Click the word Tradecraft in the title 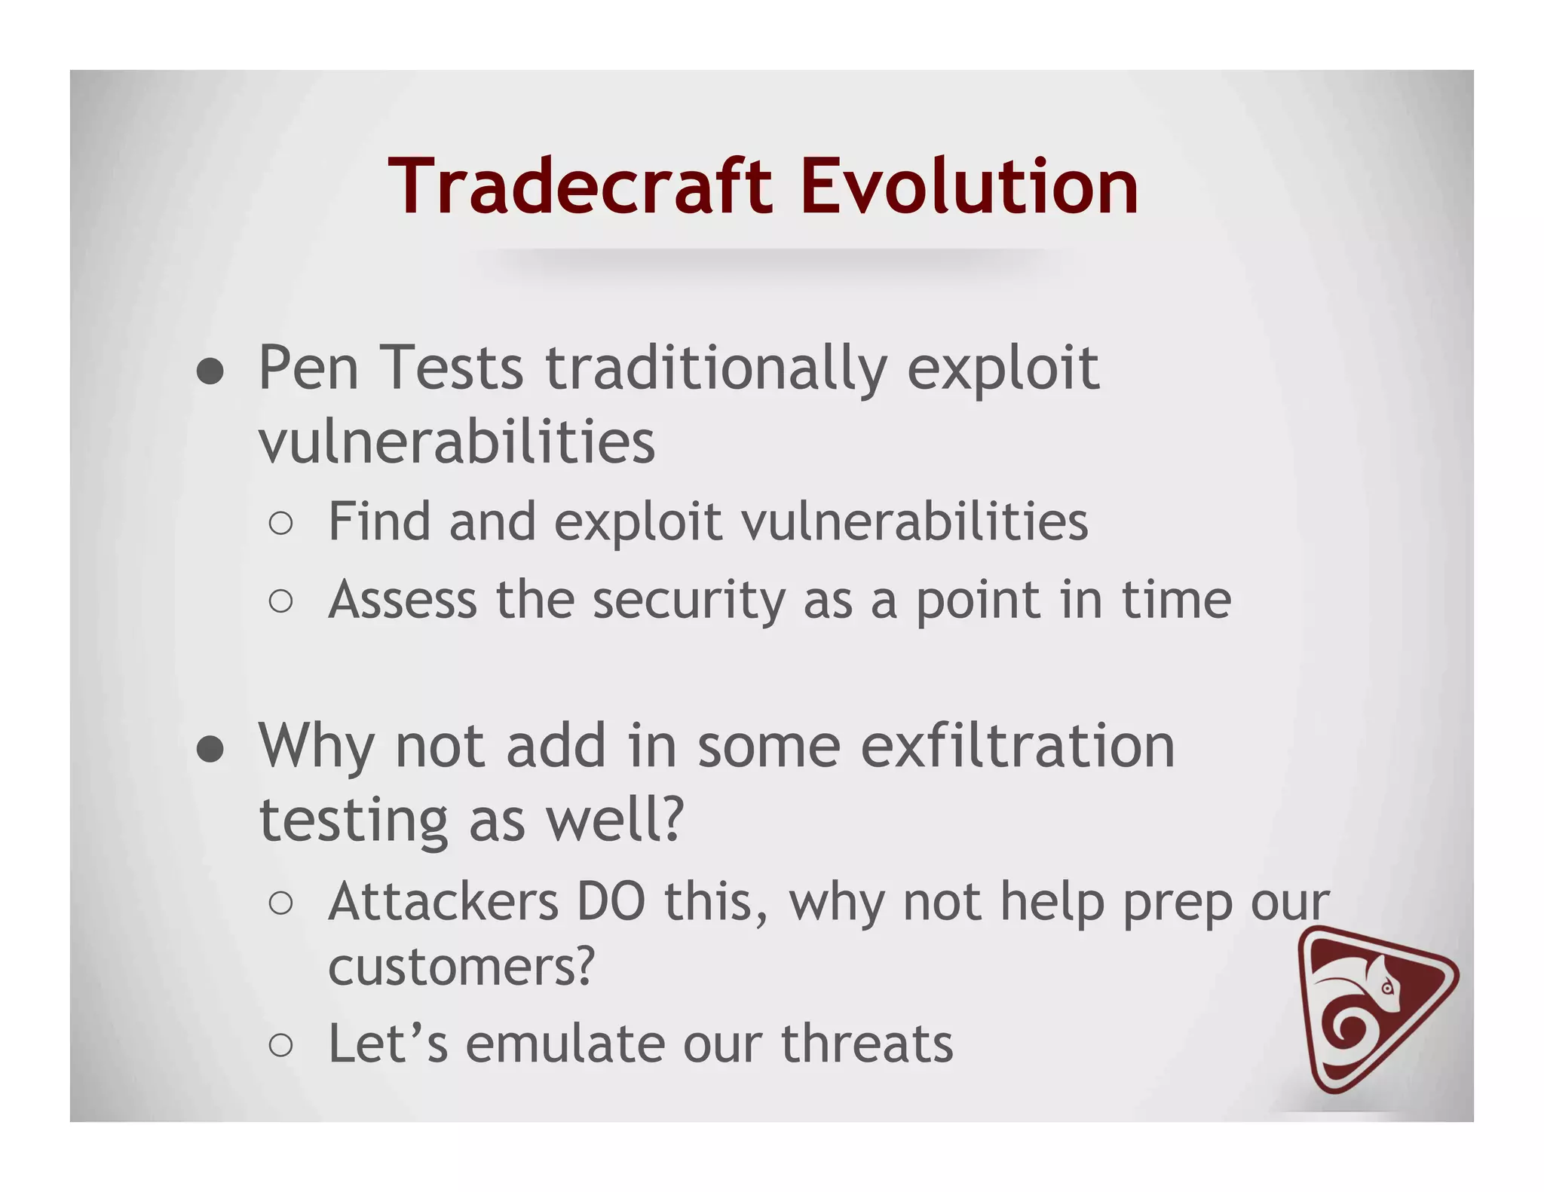click(581, 186)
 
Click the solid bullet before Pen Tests click(210, 371)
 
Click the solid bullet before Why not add click(210, 749)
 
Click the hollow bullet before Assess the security click(280, 601)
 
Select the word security click(688, 601)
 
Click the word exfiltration click(1017, 746)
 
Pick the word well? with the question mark click(614, 821)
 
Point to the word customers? click(461, 967)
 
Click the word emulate click(565, 1044)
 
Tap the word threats click(867, 1044)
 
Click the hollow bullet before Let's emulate click(280, 1046)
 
